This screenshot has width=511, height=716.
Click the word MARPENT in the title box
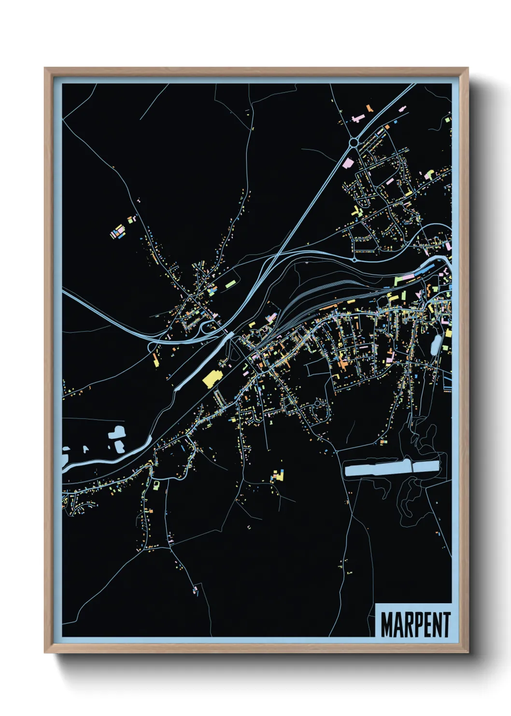[x=415, y=625]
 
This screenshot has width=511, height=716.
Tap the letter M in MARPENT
[x=386, y=625]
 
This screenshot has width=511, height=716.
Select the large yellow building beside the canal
[x=211, y=378]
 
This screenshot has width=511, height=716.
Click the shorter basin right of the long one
[x=426, y=467]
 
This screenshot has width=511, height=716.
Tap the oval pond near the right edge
[x=435, y=344]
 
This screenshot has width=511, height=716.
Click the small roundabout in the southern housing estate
[x=317, y=403]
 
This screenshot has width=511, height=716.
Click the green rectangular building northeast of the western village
[x=230, y=285]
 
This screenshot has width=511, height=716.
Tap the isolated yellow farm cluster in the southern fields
[x=277, y=476]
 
